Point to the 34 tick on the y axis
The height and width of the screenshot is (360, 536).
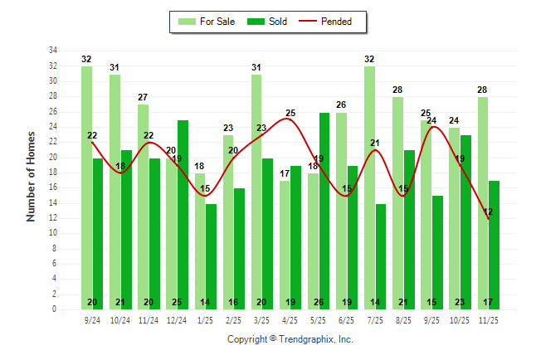52,51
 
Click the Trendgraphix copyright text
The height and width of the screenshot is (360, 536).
290,339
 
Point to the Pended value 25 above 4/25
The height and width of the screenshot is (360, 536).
290,113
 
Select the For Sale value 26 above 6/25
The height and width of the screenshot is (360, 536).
341,105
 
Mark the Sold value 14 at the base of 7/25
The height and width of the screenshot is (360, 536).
381,302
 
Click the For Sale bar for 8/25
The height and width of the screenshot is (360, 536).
397,203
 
